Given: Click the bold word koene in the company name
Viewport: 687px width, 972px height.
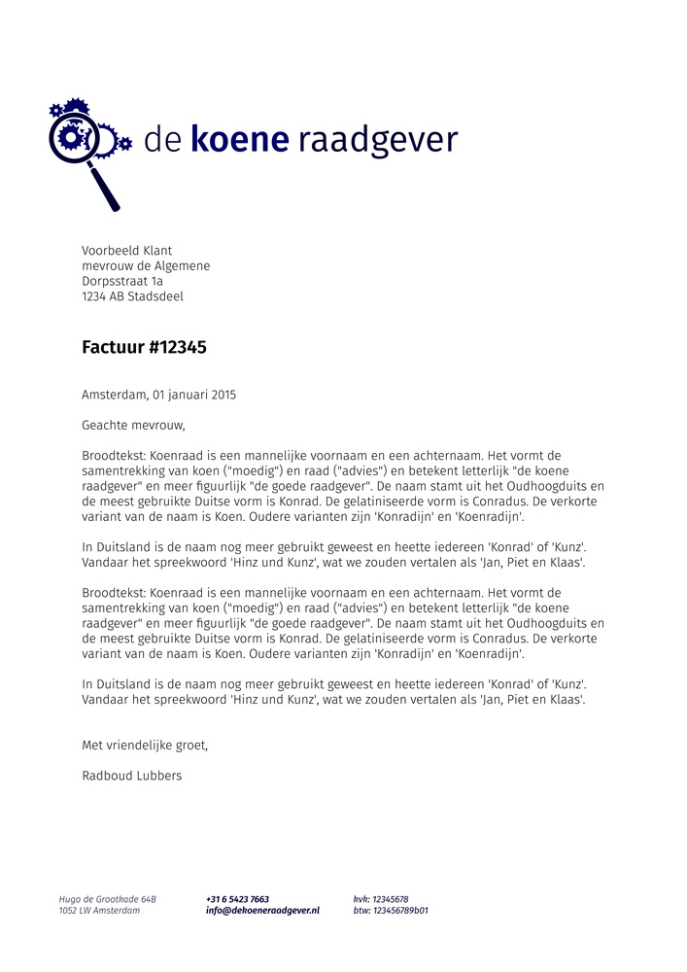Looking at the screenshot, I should pyautogui.click(x=240, y=140).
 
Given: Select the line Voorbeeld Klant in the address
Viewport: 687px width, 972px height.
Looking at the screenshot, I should pyautogui.click(x=127, y=251).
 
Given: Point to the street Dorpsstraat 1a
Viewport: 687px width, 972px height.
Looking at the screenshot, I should pyautogui.click(x=122, y=282).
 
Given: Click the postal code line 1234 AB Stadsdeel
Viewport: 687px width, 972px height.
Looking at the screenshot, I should pyautogui.click(x=132, y=297).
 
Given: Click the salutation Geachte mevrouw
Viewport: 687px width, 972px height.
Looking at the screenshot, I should pyautogui.click(x=133, y=426).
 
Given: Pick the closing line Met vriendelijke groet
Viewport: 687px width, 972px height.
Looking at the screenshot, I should pyautogui.click(x=145, y=746).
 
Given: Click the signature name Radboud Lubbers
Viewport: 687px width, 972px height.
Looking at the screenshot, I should pyautogui.click(x=132, y=776).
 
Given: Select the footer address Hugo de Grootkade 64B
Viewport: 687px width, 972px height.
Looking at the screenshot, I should pyautogui.click(x=107, y=899).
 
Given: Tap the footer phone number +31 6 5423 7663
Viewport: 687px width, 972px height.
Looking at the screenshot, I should pyautogui.click(x=237, y=899).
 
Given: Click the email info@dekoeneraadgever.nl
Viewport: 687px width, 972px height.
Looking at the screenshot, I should pyautogui.click(x=262, y=911).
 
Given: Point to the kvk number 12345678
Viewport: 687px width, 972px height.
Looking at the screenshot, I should pyautogui.click(x=391, y=899).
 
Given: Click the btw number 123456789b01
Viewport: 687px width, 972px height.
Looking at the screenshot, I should pyautogui.click(x=400, y=911).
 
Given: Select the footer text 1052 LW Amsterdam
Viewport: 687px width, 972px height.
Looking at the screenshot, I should pyautogui.click(x=99, y=911).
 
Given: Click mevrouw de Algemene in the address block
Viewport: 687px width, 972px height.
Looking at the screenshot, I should pyautogui.click(x=146, y=266).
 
